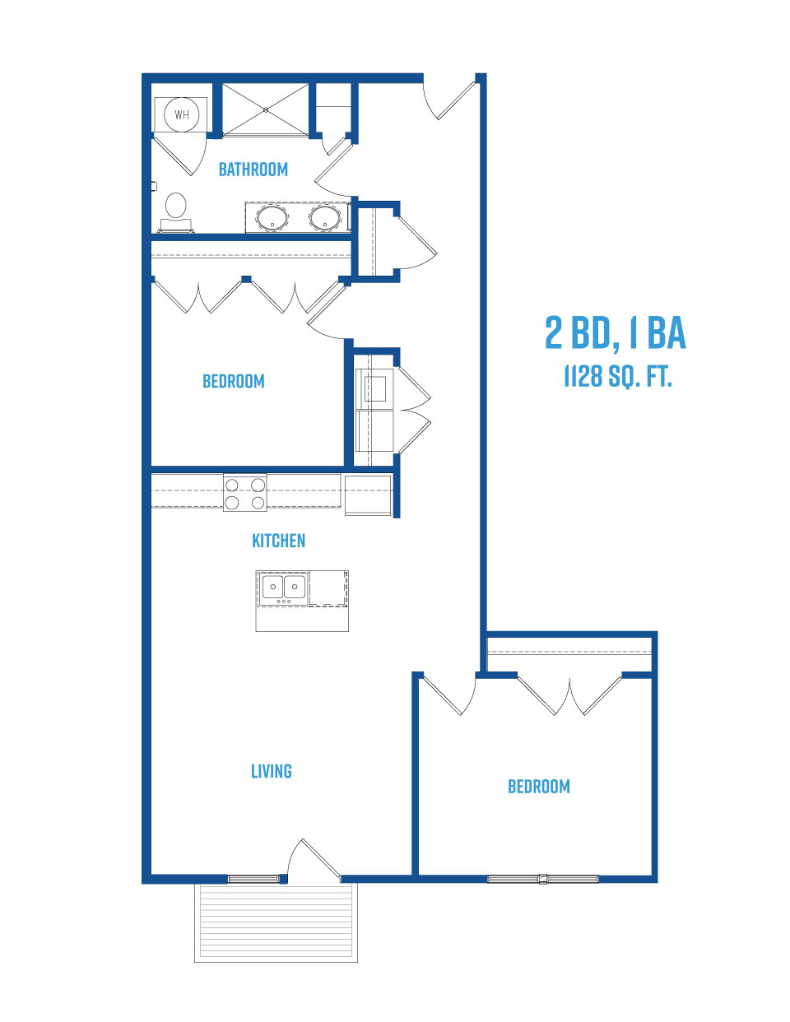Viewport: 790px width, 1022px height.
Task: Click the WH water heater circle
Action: pos(182,114)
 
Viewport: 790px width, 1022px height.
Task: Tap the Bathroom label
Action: pos(253,170)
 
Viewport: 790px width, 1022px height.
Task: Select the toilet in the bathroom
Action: pos(176,212)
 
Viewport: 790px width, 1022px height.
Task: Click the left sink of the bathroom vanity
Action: pos(272,218)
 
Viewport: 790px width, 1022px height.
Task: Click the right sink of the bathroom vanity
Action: pos(325,218)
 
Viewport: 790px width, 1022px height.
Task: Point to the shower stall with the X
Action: pos(266,110)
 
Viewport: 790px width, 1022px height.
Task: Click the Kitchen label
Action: pos(278,541)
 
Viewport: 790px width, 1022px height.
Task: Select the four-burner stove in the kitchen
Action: pos(245,492)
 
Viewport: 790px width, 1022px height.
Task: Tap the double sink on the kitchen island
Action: pos(284,588)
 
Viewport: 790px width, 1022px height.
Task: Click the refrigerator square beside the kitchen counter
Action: pos(368,495)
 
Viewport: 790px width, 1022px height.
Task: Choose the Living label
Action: pos(272,771)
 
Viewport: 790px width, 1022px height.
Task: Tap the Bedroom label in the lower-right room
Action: pos(539,787)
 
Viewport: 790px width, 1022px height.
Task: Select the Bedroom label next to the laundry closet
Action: pos(234,381)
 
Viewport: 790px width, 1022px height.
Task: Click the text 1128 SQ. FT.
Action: pos(618,377)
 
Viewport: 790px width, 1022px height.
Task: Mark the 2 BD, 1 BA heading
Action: pos(616,333)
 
